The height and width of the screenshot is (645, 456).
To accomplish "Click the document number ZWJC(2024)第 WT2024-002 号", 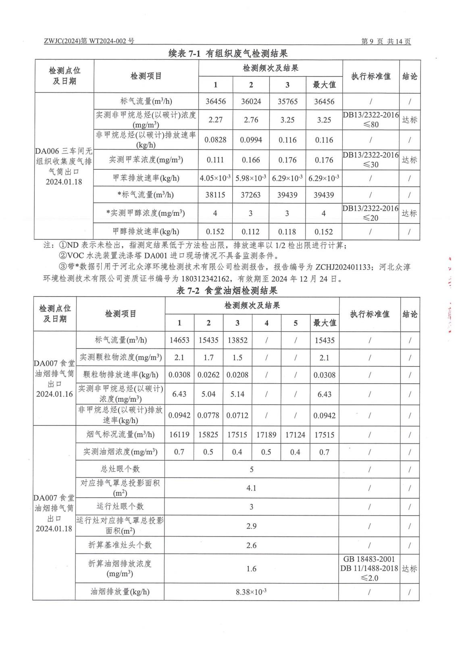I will point(89,41).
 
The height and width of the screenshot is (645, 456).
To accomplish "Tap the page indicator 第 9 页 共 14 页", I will point(385,41).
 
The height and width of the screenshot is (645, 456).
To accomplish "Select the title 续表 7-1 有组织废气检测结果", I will point(228,53).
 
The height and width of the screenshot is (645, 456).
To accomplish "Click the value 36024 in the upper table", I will point(251,102).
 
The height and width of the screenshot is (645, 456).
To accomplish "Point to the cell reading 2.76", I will point(251,120).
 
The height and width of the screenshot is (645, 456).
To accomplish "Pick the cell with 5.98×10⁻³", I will point(251,178).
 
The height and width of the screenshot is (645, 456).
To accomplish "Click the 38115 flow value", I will point(215,195).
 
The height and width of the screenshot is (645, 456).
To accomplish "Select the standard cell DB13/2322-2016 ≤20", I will point(371,213).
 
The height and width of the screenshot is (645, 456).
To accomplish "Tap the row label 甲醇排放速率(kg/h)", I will point(146,231).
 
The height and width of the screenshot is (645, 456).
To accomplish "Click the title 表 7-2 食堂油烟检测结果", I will point(227,291).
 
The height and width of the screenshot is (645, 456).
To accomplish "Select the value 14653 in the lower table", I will point(179,340).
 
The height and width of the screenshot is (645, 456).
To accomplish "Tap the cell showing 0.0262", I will point(208,375).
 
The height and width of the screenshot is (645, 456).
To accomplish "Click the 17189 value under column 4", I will point(267,435).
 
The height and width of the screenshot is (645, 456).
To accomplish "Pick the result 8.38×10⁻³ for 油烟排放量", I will point(251,592).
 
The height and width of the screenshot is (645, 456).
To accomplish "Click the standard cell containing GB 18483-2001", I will point(369,568).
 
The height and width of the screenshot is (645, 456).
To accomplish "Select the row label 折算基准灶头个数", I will point(120,545).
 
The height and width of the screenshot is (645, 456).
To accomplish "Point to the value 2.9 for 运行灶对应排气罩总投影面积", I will point(251,526).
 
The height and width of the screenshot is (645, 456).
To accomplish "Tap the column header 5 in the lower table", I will point(296,323).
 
